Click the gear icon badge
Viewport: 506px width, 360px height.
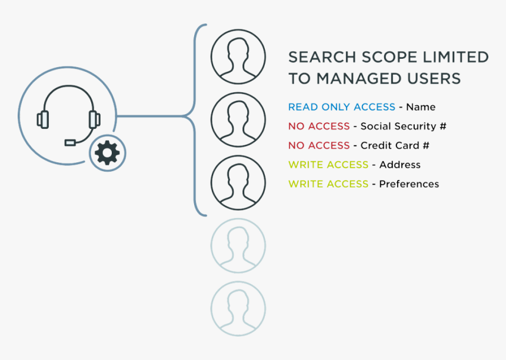tap(107, 153)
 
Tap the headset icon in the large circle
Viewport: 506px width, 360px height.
tap(68, 115)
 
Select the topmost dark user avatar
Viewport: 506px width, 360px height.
tap(238, 57)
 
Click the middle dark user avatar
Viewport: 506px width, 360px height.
tap(238, 119)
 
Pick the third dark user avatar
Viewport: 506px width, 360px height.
tap(238, 182)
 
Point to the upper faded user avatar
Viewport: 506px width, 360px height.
tap(238, 245)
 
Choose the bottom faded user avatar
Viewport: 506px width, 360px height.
tap(238, 308)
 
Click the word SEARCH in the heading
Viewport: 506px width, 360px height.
tap(322, 57)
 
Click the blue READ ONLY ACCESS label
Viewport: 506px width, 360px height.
tap(341, 107)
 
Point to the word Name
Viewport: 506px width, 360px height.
tap(421, 107)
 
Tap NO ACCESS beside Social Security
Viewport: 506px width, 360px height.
tap(318, 126)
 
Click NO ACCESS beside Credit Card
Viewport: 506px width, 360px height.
tap(318, 145)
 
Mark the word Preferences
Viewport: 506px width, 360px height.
tap(409, 184)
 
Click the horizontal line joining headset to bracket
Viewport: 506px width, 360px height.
tap(153, 116)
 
